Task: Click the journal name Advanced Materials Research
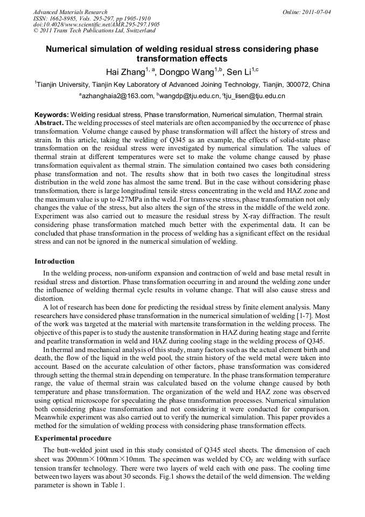70,12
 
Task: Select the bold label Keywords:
52,115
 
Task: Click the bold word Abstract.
49,122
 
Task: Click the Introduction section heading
54,261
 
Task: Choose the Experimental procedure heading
73,438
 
